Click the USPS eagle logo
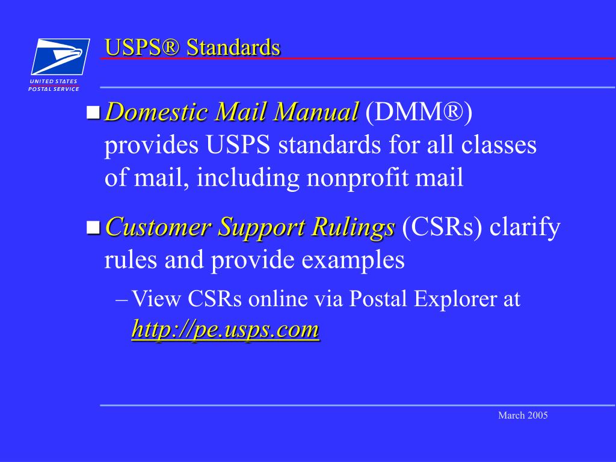(60, 57)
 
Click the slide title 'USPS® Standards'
(192, 47)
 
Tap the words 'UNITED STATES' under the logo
(54, 81)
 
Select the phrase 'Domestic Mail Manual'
(232, 112)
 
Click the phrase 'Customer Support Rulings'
(250, 227)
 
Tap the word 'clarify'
(525, 227)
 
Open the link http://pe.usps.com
(225, 329)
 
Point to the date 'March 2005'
(523, 416)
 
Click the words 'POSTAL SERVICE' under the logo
(54, 89)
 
